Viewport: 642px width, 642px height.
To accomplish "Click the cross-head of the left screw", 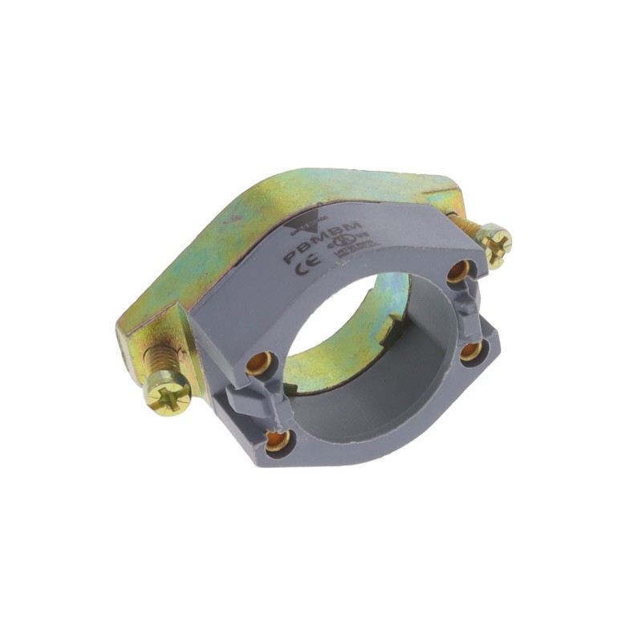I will click(169, 394).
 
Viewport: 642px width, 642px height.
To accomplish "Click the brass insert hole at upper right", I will click(457, 272).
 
